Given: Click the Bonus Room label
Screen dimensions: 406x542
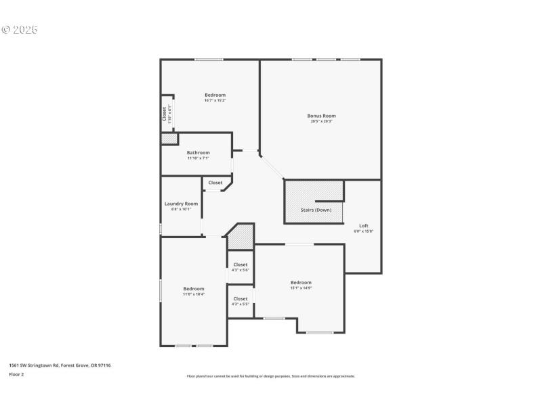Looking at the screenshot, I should coord(321,116).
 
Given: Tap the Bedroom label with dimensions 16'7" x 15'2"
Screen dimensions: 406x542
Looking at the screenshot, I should coord(215,95).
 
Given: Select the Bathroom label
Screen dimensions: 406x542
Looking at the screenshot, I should coord(199,153).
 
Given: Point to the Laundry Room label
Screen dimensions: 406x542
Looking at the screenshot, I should coord(181,204).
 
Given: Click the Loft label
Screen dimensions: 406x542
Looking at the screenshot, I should coord(363,225).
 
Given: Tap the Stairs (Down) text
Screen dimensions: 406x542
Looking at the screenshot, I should coord(316,210).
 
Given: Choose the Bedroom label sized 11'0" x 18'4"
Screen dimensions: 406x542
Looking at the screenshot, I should coord(193,289).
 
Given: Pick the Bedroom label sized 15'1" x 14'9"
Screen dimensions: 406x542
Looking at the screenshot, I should coord(301,282).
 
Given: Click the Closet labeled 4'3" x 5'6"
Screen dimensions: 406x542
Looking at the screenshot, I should coord(241,265).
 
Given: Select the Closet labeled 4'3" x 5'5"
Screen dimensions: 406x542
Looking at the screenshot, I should coord(241,298).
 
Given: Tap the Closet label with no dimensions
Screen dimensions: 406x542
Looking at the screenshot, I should coord(215,183).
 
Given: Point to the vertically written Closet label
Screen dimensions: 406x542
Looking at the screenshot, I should coord(164,114).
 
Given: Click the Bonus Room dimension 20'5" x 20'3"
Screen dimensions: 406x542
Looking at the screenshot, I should coord(321,122).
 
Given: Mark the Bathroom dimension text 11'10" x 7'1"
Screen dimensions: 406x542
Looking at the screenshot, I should coord(199,158).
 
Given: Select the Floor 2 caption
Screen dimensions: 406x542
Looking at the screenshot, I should coord(16,374).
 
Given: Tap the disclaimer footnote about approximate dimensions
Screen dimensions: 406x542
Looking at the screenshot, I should coord(270,376).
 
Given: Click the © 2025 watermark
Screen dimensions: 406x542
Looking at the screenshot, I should coord(20,30).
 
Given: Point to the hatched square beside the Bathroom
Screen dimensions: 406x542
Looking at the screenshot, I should coord(169,138).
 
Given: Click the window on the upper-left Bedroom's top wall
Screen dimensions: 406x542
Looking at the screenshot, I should coord(209,60).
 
